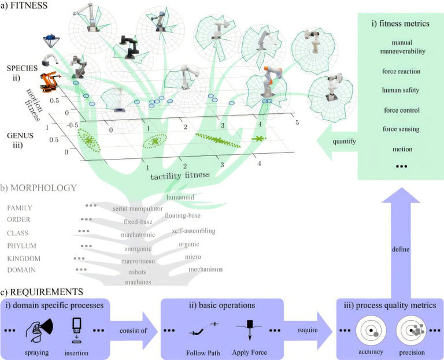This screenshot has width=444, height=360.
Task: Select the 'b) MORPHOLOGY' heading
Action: [35, 188]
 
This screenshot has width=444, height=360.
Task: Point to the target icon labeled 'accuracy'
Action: [371, 331]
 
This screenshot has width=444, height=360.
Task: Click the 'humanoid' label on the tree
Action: [180, 198]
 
